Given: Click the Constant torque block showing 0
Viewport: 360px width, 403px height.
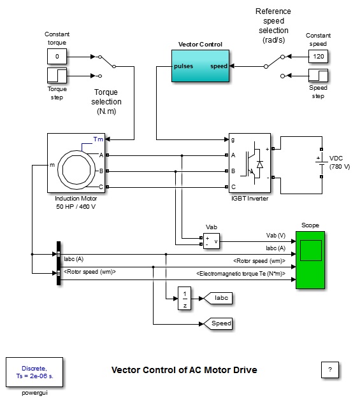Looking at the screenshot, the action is [57, 56].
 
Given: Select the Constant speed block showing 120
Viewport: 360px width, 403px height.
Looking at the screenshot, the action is [318, 56].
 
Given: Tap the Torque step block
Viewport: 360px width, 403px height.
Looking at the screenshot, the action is [57, 76].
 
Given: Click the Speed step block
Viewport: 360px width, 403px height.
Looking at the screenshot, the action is [318, 76].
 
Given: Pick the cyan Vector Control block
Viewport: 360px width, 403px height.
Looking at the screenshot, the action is [200, 66].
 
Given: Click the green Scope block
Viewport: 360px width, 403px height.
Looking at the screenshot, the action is [310, 260].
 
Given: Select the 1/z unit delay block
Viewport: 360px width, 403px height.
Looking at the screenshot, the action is [184, 298].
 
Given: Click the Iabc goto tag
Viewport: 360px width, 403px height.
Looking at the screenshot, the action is [218, 298].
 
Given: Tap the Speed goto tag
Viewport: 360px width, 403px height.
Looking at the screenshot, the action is [218, 323].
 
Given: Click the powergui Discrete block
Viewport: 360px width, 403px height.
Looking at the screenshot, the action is [34, 372].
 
